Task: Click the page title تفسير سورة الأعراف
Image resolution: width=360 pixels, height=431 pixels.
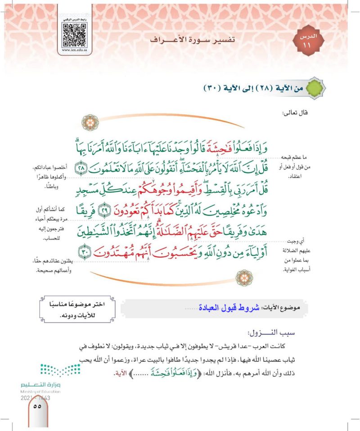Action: click(192, 39)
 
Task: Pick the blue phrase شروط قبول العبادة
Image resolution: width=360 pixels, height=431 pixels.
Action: click(237, 308)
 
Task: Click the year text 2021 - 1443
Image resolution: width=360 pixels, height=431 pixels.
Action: click(35, 398)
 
